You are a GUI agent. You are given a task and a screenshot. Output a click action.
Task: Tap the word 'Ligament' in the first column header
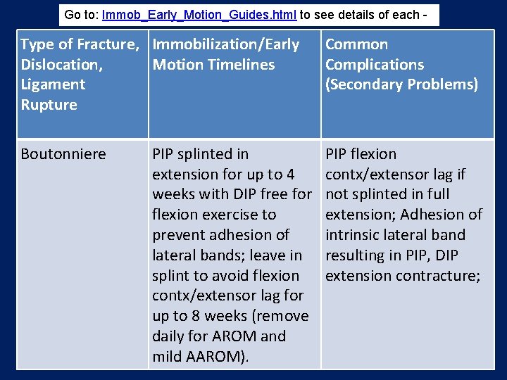(x=53, y=84)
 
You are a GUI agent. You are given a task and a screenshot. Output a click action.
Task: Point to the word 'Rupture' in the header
(x=49, y=105)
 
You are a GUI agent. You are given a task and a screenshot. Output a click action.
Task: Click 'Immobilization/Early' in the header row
(x=226, y=44)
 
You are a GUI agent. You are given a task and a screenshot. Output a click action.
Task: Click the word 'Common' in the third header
(x=356, y=44)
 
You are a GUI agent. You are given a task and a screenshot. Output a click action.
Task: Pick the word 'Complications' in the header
(x=375, y=65)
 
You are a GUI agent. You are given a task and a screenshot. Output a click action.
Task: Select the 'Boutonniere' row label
(x=63, y=154)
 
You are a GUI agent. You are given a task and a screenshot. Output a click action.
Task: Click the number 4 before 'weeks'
(x=290, y=174)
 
